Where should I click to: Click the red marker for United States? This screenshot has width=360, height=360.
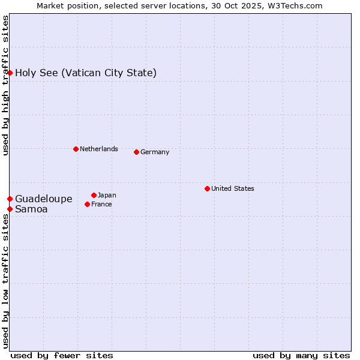tap(207, 188)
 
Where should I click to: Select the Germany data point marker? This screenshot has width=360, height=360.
tap(136, 152)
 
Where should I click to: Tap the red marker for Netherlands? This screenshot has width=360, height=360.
tap(76, 149)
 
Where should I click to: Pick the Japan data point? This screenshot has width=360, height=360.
tap(94, 195)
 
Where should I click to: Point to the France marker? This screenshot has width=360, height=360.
tap(87, 204)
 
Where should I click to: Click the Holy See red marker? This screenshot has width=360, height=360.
tap(10, 73)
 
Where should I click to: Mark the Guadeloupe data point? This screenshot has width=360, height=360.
tap(10, 199)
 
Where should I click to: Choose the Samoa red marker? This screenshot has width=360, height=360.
tap(10, 209)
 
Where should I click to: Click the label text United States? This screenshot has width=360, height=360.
tap(232, 188)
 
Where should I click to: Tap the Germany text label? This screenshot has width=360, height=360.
tap(155, 152)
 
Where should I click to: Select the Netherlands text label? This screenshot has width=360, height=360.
tap(98, 149)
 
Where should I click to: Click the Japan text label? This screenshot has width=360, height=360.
tap(107, 195)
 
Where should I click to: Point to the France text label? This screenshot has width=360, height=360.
tap(101, 204)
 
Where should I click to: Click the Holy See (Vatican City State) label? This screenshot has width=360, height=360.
tap(86, 73)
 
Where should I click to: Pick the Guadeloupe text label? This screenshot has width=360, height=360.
tap(44, 199)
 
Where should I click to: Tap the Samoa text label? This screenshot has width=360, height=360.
tap(31, 209)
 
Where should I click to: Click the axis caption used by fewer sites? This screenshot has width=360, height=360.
tap(62, 355)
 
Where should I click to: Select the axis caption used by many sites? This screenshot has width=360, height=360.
tap(301, 355)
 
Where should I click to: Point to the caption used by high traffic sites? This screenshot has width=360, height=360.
tap(5, 85)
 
